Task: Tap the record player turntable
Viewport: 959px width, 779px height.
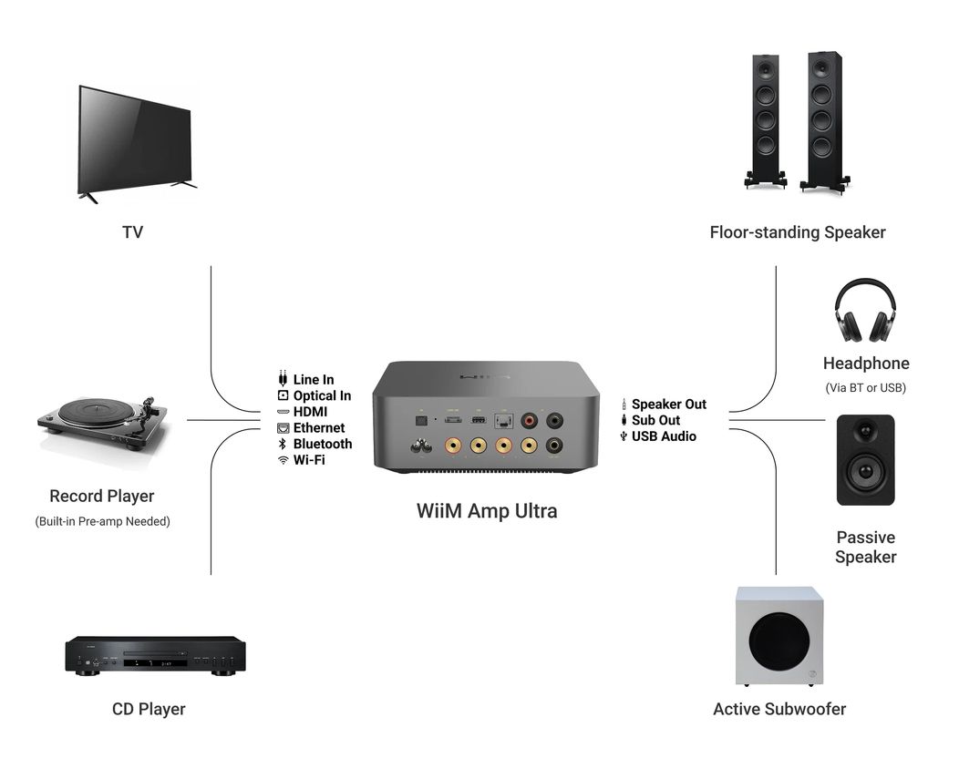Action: click(103, 425)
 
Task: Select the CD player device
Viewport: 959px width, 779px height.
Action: click(155, 655)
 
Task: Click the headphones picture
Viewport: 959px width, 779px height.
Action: click(865, 311)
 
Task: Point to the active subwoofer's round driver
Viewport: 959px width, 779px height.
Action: click(779, 641)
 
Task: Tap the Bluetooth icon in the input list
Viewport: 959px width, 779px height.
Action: click(283, 444)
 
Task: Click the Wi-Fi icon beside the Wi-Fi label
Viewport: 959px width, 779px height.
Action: click(283, 460)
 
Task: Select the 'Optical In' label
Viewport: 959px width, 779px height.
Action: click(323, 395)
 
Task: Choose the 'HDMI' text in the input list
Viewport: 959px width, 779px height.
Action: click(310, 412)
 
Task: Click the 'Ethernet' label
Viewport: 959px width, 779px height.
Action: click(319, 427)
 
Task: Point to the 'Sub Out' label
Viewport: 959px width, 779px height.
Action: click(655, 420)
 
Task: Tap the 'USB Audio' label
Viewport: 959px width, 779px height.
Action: click(664, 436)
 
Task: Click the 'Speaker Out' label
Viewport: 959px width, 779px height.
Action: click(668, 405)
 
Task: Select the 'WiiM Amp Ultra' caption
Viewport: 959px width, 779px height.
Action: click(487, 510)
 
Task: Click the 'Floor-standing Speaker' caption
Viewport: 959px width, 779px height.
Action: click(798, 232)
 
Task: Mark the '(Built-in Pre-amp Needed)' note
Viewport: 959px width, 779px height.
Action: click(103, 521)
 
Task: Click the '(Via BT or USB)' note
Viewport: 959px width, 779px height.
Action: click(865, 387)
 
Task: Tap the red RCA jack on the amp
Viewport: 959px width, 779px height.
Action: click(529, 421)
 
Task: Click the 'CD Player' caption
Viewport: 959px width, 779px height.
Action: click(149, 709)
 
